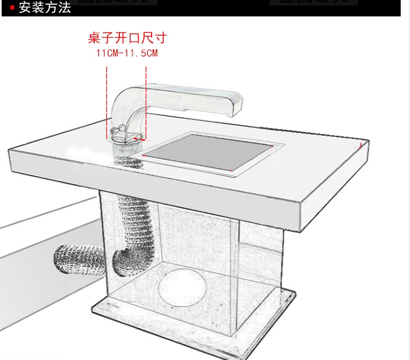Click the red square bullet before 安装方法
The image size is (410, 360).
[x=12, y=8]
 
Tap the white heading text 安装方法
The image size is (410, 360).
[x=45, y=8]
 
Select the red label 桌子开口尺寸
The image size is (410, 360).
[x=127, y=38]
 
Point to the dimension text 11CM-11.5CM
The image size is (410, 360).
[x=127, y=53]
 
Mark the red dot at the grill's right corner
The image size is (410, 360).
[x=273, y=146]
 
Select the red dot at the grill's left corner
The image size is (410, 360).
[x=143, y=155]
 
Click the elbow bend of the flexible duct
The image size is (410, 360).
[x=122, y=260]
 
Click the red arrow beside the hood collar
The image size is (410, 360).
[x=143, y=140]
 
